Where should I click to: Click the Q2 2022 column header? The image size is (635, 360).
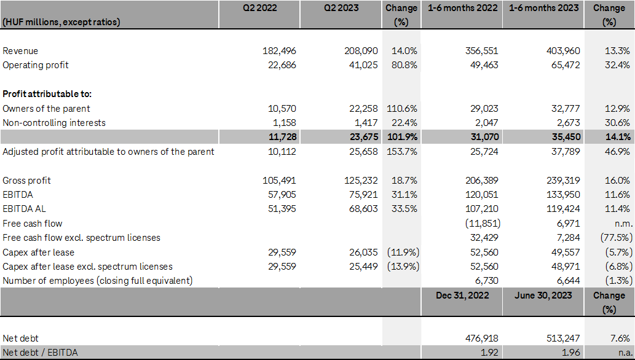pos(259,9)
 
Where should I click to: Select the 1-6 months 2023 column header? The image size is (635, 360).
pos(543,9)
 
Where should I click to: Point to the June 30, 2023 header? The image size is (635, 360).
pos(543,295)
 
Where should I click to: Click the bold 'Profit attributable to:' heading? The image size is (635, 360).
pos(47,94)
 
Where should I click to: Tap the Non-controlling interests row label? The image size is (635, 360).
pos(54,123)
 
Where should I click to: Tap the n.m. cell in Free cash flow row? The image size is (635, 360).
pos(621,224)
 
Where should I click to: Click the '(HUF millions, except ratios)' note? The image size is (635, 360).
pos(61,22)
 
